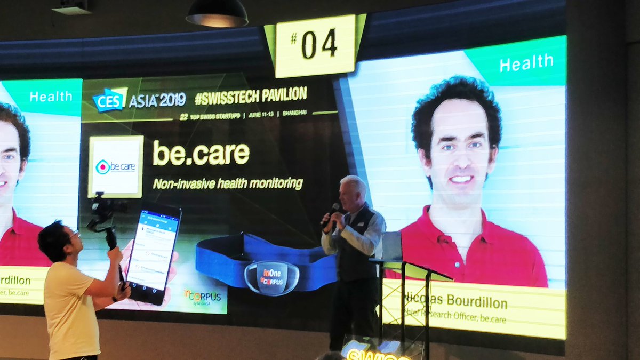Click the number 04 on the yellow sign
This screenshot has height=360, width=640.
coord(319,45)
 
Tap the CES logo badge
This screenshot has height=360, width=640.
coord(109,100)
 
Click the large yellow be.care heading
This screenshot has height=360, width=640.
coord(201,154)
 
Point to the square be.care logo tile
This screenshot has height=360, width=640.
coord(116,166)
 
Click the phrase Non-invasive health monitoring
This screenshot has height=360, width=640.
coord(228,184)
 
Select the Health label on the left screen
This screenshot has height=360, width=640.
coord(51,97)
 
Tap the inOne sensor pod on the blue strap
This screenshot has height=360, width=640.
coord(272,277)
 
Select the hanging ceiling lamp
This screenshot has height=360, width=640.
coord(217,14)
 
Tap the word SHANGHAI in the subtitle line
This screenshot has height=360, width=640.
coord(295,113)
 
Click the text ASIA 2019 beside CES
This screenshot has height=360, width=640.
coord(157,100)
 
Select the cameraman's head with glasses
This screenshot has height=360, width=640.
coord(59,241)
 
